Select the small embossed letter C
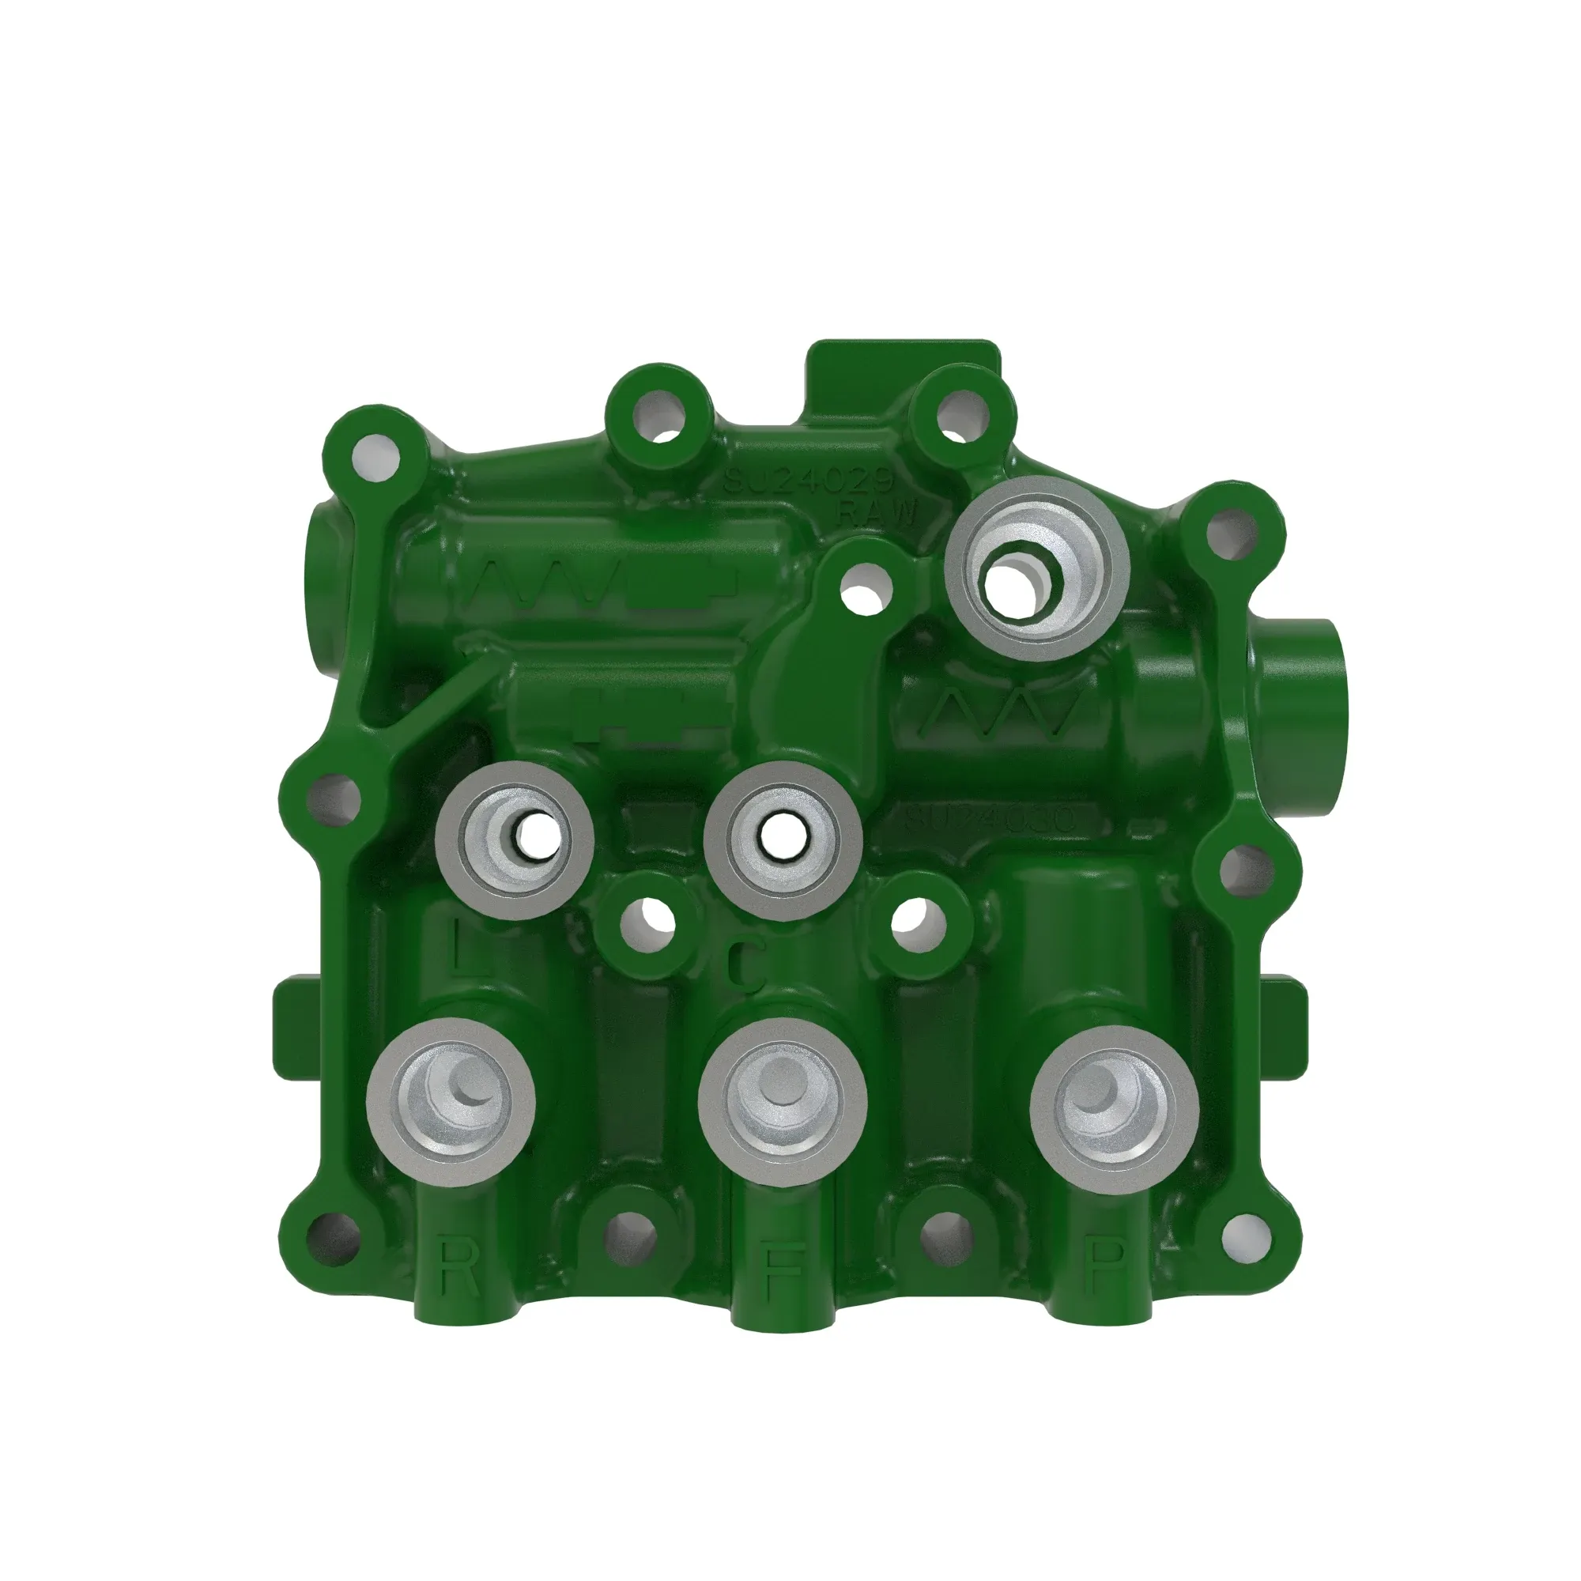pos(744,967)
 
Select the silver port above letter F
pos(782,1102)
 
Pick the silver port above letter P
pos(1114,1102)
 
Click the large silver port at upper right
pos(1037,568)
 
